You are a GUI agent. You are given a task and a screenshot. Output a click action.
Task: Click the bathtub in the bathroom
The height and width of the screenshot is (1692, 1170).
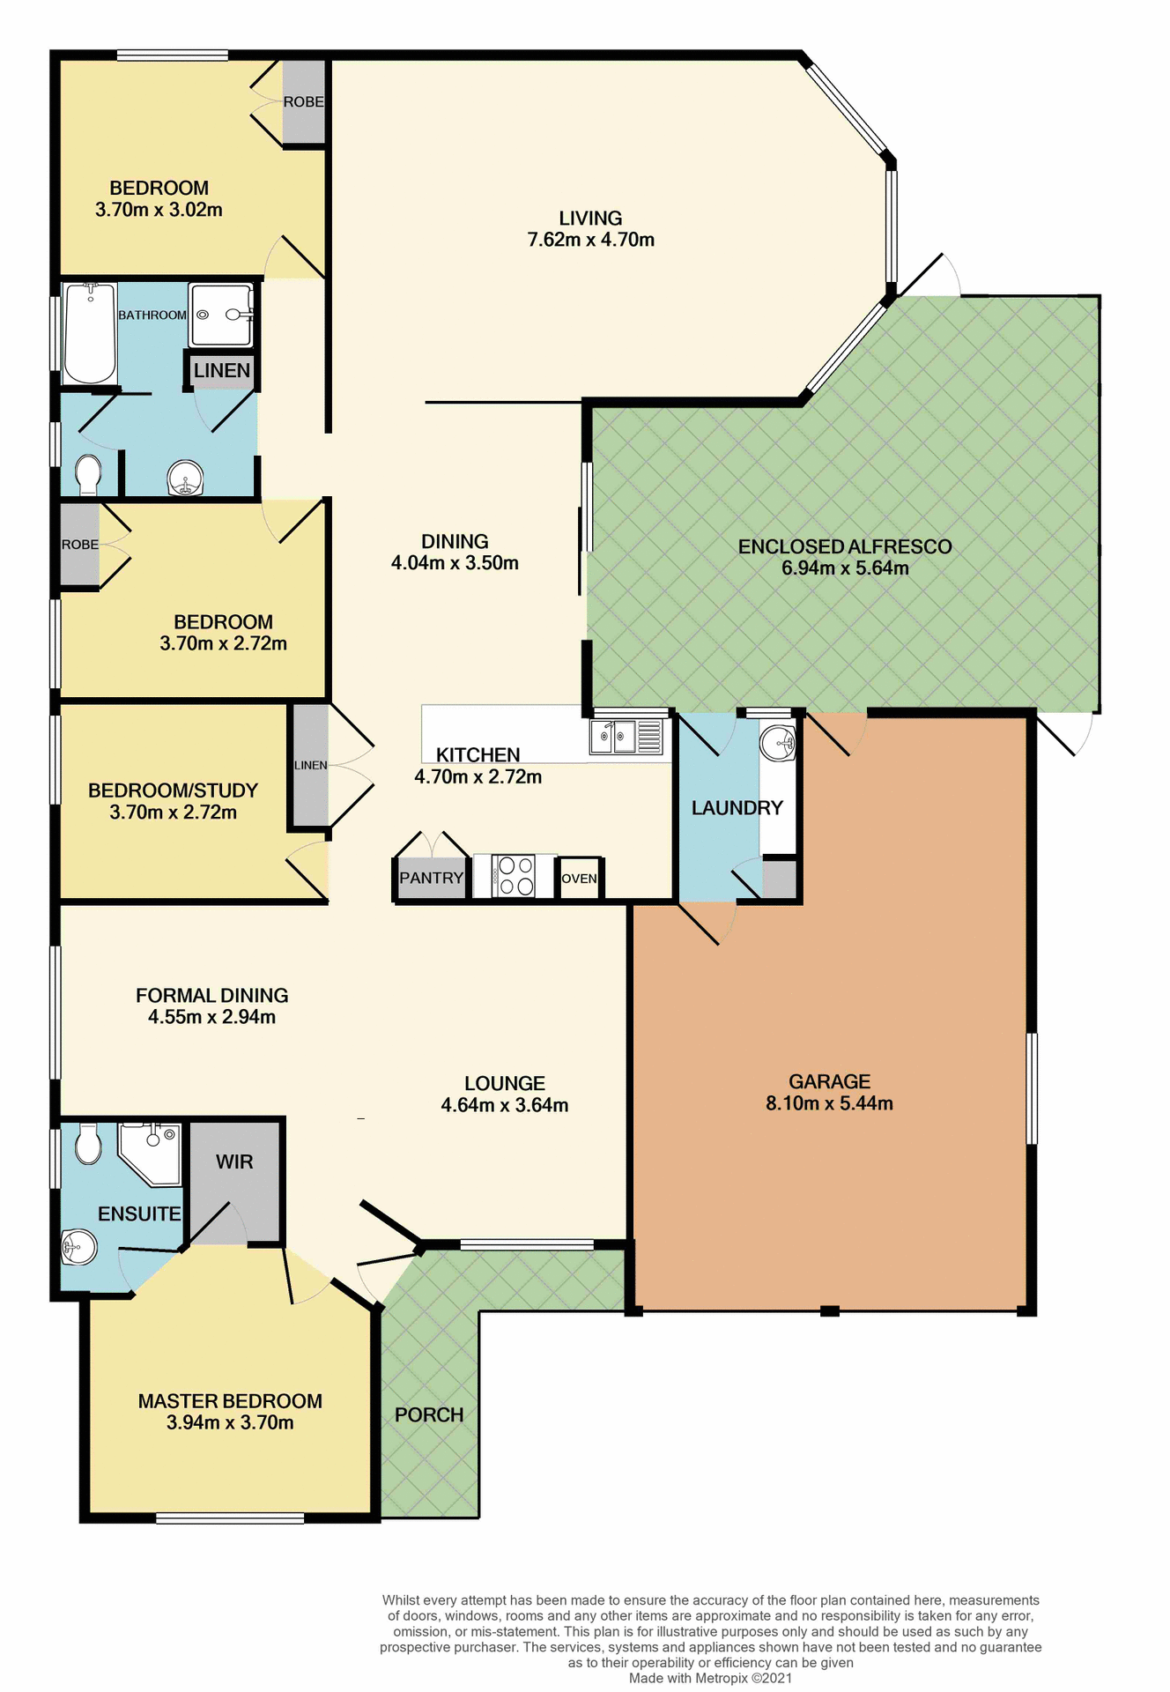pos(90,333)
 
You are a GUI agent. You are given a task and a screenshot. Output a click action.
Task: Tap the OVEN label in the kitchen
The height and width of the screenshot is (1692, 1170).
pos(579,879)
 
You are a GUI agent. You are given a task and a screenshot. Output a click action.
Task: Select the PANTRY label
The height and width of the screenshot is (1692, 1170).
pos(431,878)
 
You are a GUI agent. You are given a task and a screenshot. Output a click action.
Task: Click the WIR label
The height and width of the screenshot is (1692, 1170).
pos(234,1161)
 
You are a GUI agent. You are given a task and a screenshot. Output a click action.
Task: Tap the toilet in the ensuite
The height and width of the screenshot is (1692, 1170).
pos(88,1144)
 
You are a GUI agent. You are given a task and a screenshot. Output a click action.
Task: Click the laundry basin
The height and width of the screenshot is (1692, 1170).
pos(778,743)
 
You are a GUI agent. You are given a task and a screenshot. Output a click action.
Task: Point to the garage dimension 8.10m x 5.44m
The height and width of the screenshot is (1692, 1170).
pos(829,1103)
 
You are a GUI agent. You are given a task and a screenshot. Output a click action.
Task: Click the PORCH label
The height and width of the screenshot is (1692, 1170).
pos(429,1414)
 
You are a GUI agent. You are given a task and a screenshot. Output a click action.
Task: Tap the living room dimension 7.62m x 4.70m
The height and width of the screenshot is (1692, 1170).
pos(590,240)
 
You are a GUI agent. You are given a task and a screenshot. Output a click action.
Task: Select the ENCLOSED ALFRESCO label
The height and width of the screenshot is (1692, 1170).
pos(844,546)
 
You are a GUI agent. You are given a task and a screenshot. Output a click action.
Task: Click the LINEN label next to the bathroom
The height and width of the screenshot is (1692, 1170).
pos(222,370)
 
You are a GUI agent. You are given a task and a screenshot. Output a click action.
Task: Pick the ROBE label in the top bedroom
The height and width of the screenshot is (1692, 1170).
pos(303,102)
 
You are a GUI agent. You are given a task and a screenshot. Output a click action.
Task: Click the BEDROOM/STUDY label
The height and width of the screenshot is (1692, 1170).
pos(173,790)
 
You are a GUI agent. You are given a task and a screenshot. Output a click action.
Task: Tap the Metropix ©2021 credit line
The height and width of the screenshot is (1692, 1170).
pos(710,1678)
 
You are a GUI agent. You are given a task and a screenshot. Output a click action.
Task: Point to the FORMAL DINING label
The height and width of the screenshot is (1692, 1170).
pos(211,995)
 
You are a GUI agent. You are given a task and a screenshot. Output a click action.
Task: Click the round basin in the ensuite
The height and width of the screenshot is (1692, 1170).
pos(78,1246)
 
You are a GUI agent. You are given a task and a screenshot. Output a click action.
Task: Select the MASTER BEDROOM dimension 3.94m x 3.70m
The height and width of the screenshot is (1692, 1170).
pos(230,1422)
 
